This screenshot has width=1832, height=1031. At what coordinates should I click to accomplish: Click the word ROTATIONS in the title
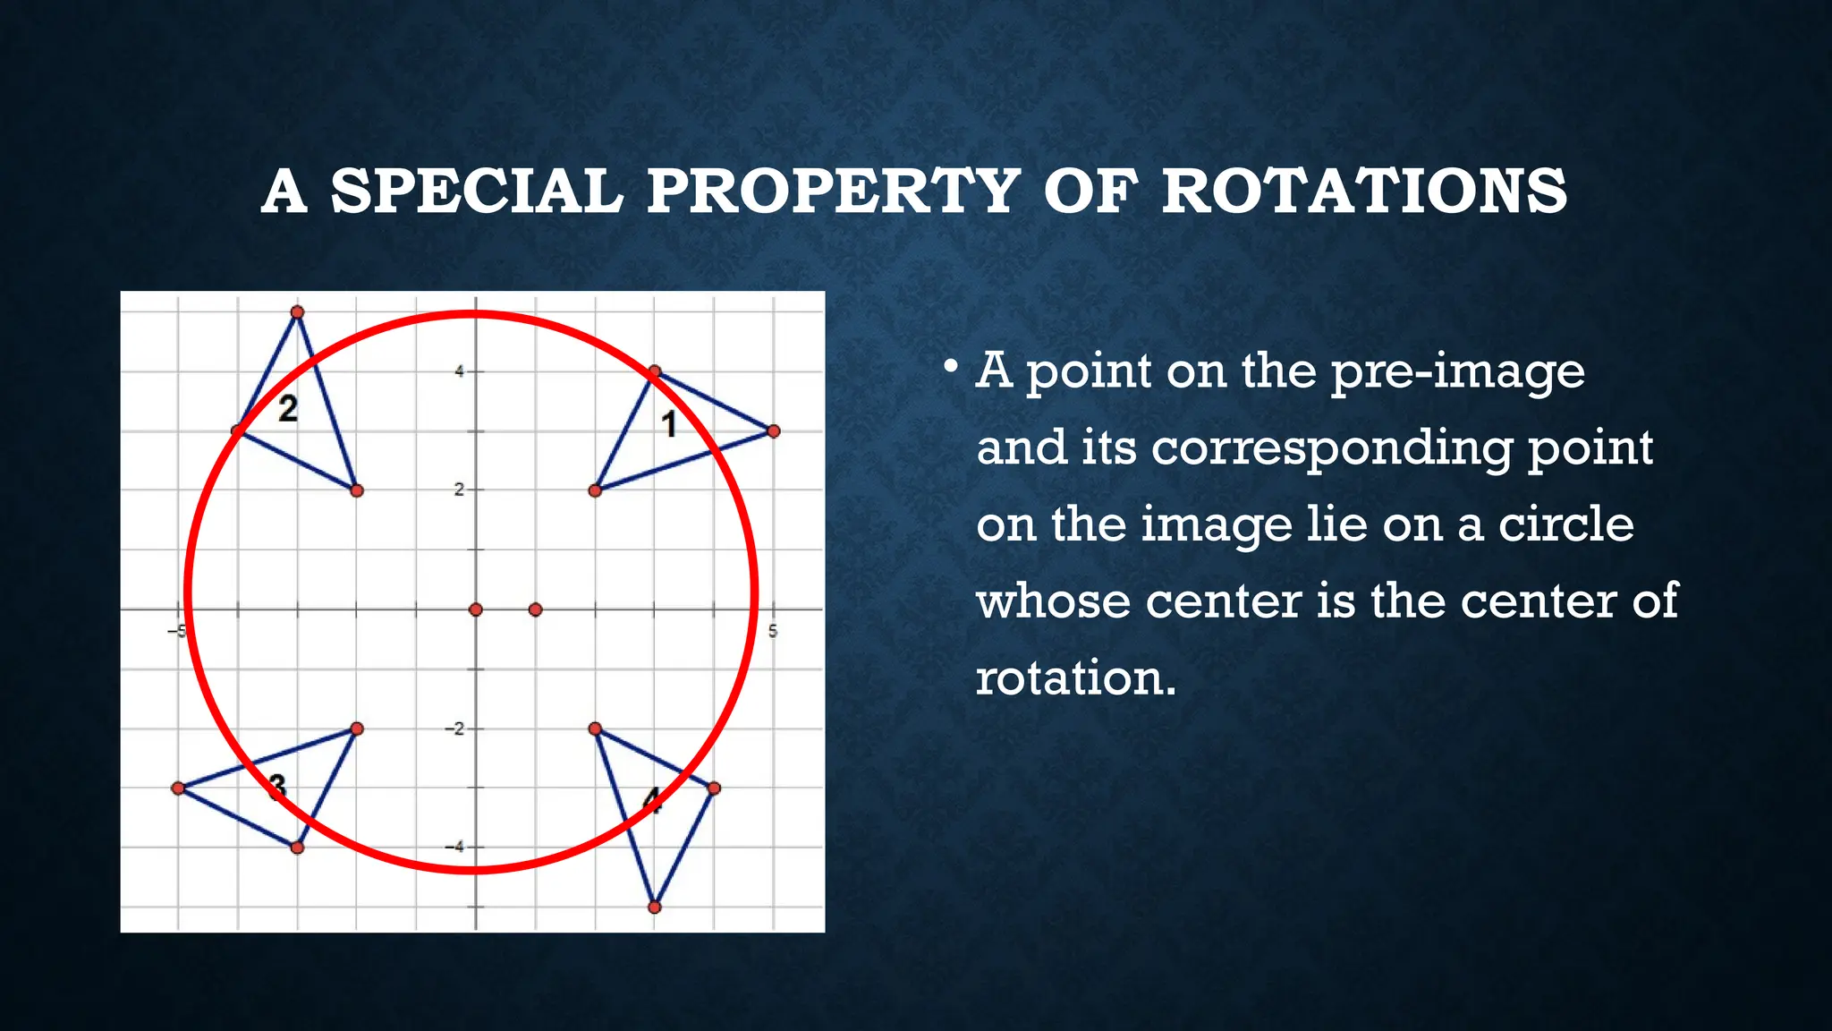[1364, 192]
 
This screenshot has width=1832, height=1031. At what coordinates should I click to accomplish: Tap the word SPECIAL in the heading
[476, 192]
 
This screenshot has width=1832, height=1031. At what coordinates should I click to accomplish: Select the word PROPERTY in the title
[833, 192]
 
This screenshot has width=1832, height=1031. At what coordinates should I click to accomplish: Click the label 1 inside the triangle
[669, 424]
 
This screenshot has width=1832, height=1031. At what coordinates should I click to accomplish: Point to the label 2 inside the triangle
[287, 409]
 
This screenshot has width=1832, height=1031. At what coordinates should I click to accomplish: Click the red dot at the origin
[476, 609]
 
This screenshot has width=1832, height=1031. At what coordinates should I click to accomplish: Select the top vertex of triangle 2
[298, 312]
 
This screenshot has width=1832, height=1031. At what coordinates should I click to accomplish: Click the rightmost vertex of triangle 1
[774, 431]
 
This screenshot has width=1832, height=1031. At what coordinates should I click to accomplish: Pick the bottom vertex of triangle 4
[654, 907]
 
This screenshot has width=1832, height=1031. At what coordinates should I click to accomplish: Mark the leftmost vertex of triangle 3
[178, 788]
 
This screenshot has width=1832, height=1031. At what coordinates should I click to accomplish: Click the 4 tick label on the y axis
[460, 371]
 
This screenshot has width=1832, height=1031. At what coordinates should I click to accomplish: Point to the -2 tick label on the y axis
[455, 729]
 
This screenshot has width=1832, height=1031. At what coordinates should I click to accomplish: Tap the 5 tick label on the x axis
[773, 632]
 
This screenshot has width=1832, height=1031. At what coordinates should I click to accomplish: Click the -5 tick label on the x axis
[176, 632]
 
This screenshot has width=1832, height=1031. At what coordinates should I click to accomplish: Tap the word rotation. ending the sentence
[1075, 678]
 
